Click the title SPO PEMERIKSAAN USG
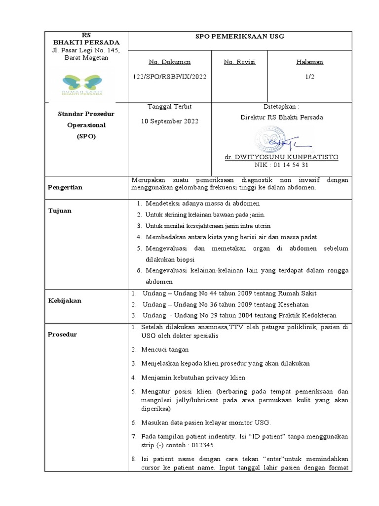240,37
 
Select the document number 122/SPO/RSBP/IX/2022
169,77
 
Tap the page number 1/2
309,77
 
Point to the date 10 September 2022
169,121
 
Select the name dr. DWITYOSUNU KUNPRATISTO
281,157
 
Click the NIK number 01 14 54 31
281,165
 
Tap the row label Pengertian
65,188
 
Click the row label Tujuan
60,211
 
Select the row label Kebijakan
64,300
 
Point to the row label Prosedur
63,335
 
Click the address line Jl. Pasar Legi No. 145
86,50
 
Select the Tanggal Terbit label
169,107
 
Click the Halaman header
309,62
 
